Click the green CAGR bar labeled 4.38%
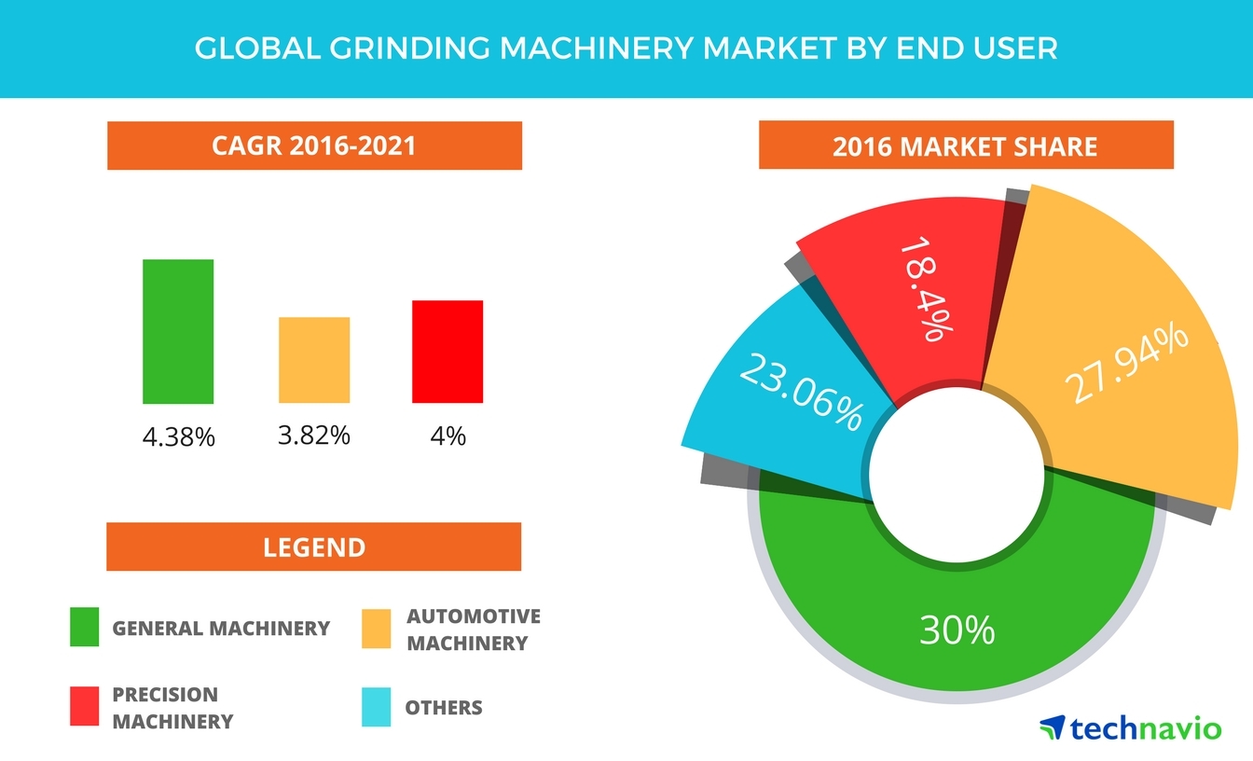[x=178, y=331]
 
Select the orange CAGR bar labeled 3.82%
[x=314, y=360]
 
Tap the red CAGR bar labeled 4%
[x=447, y=352]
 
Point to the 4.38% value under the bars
[x=179, y=436]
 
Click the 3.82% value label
[x=314, y=435]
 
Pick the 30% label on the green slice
[x=957, y=631]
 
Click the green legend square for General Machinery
[x=84, y=628]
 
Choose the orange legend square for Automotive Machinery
[x=376, y=629]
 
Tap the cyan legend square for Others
[x=376, y=708]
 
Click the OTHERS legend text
[x=444, y=708]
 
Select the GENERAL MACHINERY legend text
[x=221, y=629]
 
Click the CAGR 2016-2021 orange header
[x=314, y=145]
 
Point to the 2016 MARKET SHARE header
[x=965, y=145]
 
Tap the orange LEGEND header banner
[x=314, y=547]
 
